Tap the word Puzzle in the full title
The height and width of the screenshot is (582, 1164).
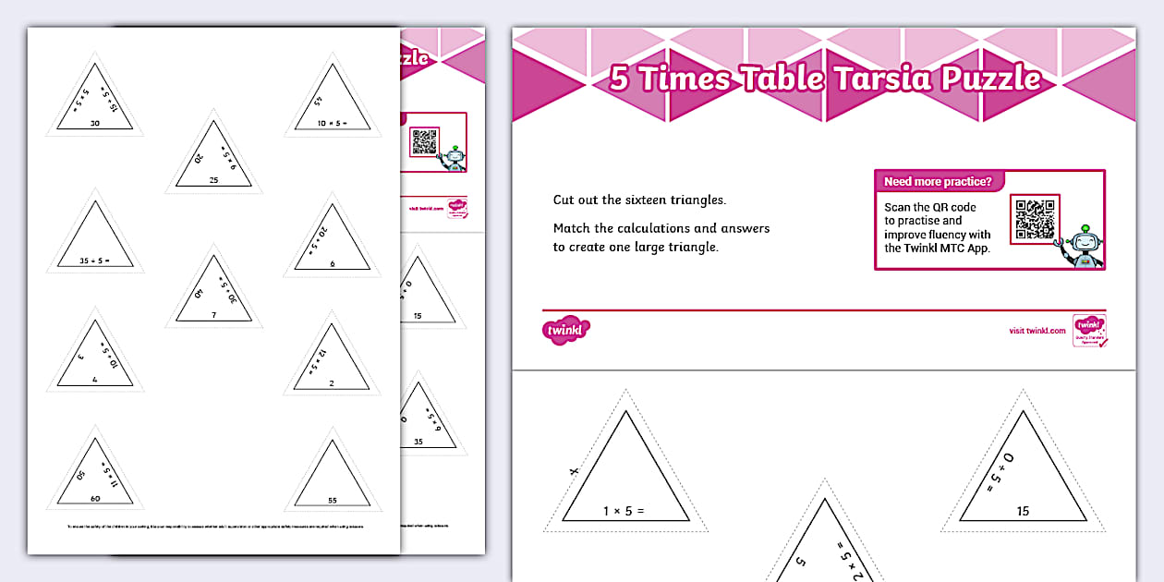[x=990, y=79]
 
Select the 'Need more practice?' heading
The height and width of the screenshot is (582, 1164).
[x=938, y=182]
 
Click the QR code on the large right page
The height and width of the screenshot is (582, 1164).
[x=1035, y=219]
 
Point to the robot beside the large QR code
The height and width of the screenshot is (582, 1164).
[x=1085, y=245]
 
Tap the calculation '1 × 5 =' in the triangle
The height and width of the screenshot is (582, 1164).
[x=624, y=511]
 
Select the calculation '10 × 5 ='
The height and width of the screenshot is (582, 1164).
[x=332, y=122]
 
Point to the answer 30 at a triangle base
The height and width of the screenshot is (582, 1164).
[x=95, y=123]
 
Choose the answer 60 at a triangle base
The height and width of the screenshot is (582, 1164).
[x=95, y=498]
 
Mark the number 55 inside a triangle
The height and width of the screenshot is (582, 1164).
[x=332, y=500]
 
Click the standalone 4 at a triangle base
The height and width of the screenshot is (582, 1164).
[x=94, y=379]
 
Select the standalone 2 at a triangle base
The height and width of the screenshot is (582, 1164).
[x=332, y=382]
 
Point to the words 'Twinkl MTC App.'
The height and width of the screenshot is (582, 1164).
[x=937, y=248]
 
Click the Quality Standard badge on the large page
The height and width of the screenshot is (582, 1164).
[x=1089, y=330]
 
